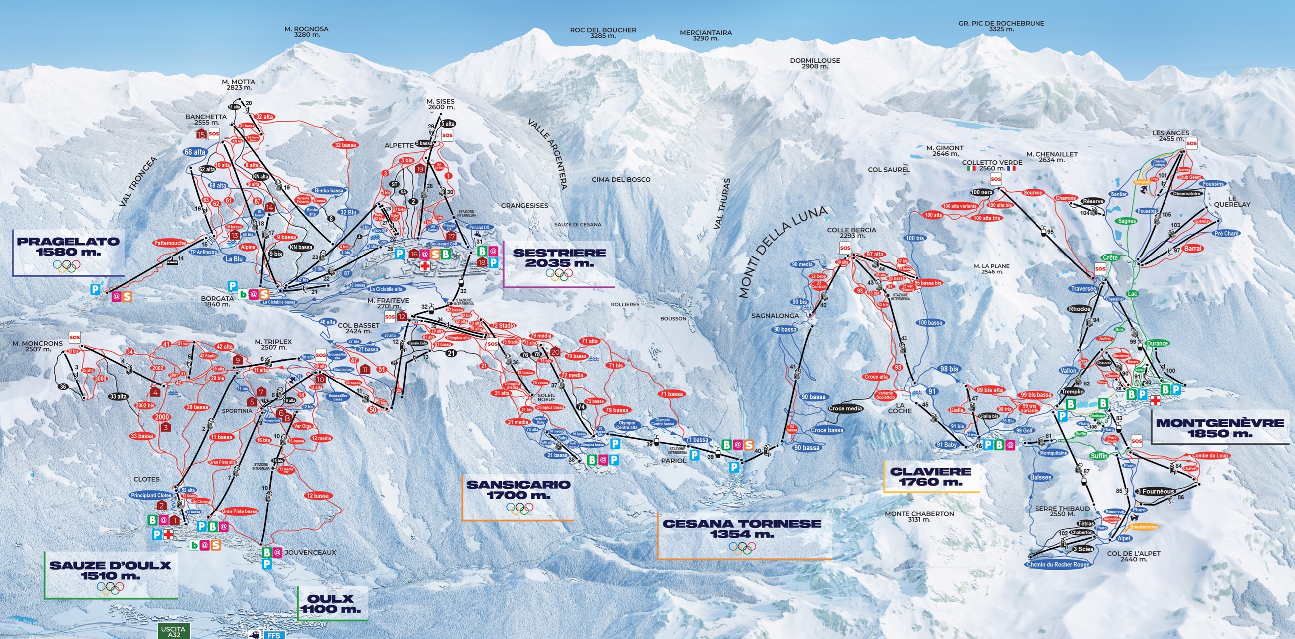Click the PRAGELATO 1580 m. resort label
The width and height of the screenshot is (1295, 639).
pyautogui.click(x=68, y=247)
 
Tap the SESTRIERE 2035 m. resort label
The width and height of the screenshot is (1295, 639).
pyautogui.click(x=559, y=257)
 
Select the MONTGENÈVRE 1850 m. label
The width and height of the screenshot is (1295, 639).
pyautogui.click(x=1220, y=428)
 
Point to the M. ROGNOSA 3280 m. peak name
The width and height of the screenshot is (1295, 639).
pyautogui.click(x=306, y=32)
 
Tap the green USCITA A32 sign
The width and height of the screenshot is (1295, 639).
pyautogui.click(x=173, y=631)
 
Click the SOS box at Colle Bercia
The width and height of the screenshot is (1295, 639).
pyautogui.click(x=845, y=248)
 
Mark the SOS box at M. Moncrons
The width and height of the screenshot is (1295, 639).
pyautogui.click(x=75, y=337)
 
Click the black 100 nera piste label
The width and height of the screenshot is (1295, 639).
pyautogui.click(x=982, y=192)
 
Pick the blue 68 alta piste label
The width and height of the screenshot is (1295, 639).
pyautogui.click(x=195, y=152)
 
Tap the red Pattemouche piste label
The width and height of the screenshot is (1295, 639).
pyautogui.click(x=170, y=243)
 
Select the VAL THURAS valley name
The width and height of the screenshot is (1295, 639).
pyautogui.click(x=722, y=204)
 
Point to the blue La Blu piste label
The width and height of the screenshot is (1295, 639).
pyautogui.click(x=234, y=259)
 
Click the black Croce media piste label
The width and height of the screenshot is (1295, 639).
pyautogui.click(x=846, y=409)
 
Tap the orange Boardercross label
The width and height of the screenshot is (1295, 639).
pyautogui.click(x=1144, y=527)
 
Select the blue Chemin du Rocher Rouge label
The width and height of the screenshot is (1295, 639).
pyautogui.click(x=1058, y=564)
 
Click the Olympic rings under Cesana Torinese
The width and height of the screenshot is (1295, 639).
pyautogui.click(x=742, y=547)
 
